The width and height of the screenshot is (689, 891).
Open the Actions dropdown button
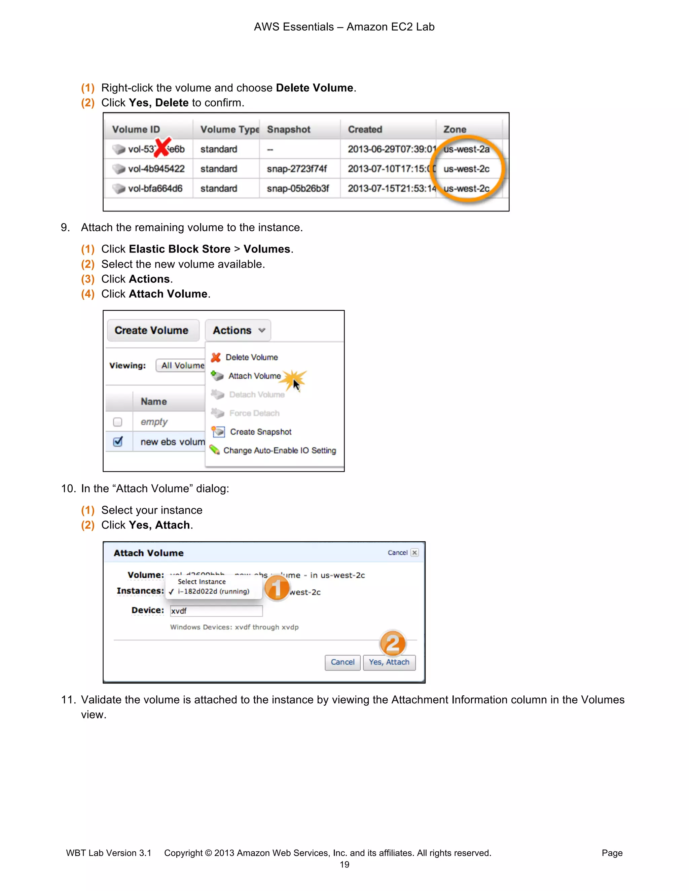click(x=238, y=331)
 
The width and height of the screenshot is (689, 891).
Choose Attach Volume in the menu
click(x=254, y=376)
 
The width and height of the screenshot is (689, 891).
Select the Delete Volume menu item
click(x=251, y=357)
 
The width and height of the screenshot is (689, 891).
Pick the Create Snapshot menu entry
click(x=260, y=432)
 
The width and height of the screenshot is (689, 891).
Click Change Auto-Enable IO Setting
click(x=279, y=451)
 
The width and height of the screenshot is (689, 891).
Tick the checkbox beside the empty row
click(x=117, y=422)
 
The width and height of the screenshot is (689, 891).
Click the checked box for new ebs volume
click(x=117, y=442)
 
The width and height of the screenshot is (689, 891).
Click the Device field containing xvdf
click(x=216, y=611)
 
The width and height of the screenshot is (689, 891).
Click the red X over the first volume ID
click(x=162, y=147)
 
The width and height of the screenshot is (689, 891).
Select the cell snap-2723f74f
click(x=297, y=169)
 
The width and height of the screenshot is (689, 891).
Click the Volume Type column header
click(x=229, y=130)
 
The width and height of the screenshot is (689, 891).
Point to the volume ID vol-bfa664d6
click(x=155, y=189)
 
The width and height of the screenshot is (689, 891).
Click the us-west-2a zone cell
click(x=466, y=149)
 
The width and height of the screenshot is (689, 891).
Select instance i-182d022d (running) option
click(x=213, y=591)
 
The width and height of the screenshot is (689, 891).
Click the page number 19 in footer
click(x=344, y=865)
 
